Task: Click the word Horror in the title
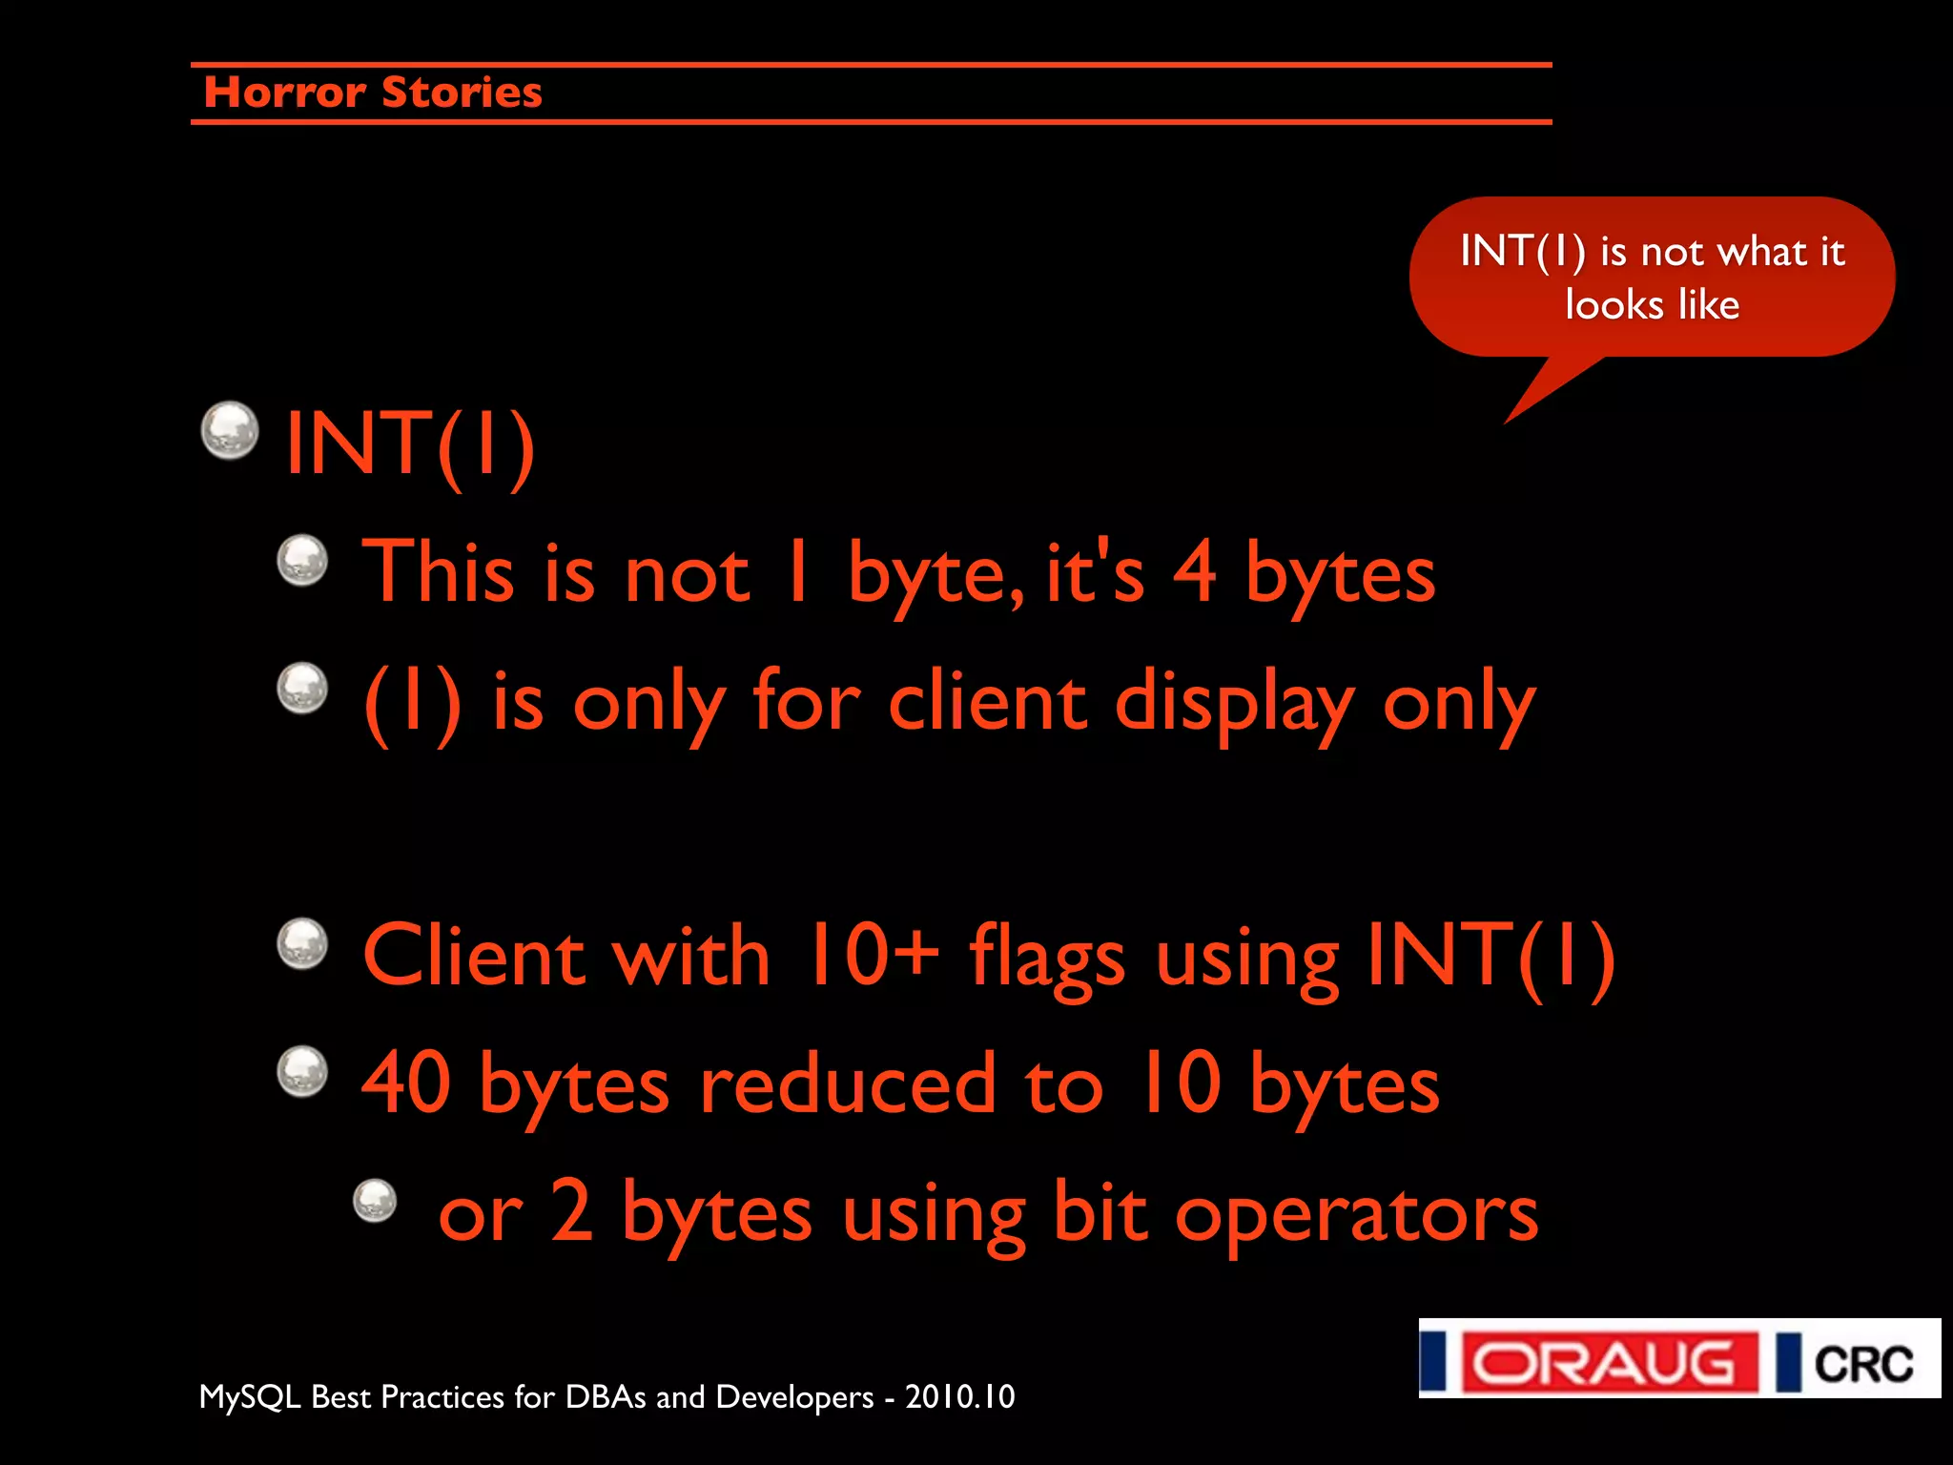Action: pyautogui.click(x=284, y=93)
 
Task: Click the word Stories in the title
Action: pyautogui.click(x=462, y=93)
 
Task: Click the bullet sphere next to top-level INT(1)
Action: pyautogui.click(x=230, y=430)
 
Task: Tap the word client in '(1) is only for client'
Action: pyautogui.click(x=987, y=702)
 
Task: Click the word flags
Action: pyautogui.click(x=1047, y=957)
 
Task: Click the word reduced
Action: pyautogui.click(x=848, y=1084)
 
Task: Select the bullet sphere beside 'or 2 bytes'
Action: pyautogui.click(x=375, y=1200)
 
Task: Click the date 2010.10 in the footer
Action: pyautogui.click(x=959, y=1397)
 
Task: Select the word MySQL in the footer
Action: pyautogui.click(x=250, y=1397)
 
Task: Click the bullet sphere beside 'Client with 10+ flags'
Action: pyautogui.click(x=302, y=944)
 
